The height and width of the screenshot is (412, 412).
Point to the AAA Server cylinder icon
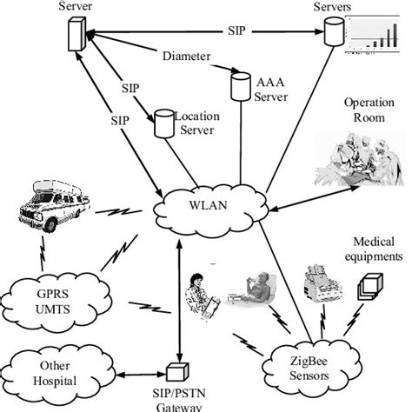240,84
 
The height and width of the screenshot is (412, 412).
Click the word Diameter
185,57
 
